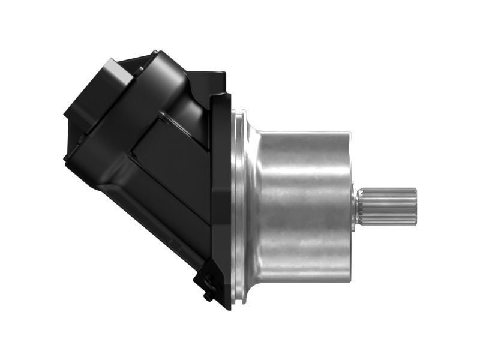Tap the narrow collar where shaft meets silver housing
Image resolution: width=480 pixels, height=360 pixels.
point(356,206)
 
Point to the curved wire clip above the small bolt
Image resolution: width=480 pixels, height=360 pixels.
point(204,280)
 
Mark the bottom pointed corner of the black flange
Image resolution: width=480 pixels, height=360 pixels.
point(228,307)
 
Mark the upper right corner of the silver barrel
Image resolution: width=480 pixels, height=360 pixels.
point(348,132)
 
